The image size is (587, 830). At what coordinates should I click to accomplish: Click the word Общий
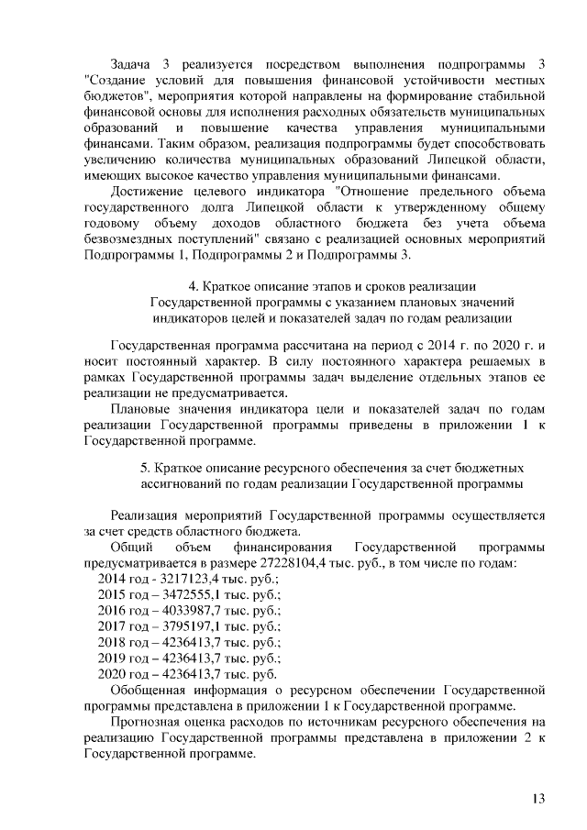[x=129, y=546]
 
